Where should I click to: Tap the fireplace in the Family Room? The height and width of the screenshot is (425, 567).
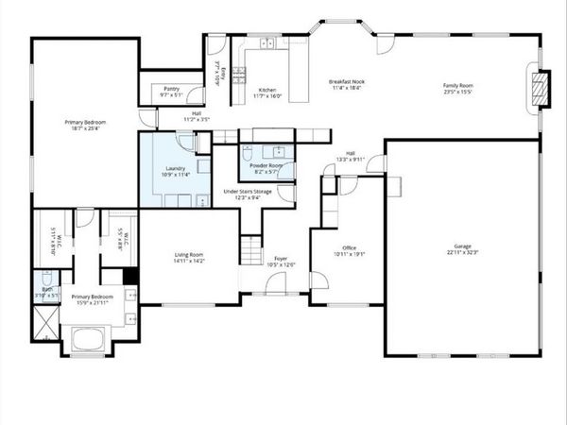(540, 88)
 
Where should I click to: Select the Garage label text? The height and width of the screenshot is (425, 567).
(463, 248)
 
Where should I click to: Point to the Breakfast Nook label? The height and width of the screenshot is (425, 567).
(348, 85)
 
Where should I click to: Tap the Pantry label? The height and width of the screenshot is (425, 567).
(171, 92)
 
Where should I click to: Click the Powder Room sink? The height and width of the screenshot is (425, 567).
(278, 151)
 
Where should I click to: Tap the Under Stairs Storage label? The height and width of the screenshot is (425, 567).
(248, 194)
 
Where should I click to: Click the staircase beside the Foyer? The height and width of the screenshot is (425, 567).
(251, 250)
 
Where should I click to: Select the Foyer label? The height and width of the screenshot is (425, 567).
(281, 261)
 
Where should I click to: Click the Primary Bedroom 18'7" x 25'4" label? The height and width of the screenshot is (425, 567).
(85, 127)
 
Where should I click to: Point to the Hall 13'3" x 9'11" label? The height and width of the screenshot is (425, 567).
(350, 157)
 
